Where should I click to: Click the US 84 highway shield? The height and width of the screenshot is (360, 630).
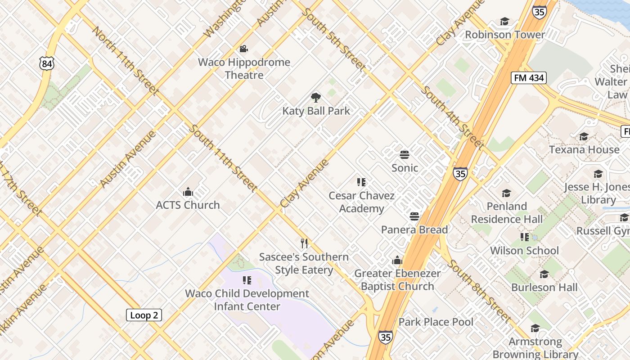click(x=47, y=63)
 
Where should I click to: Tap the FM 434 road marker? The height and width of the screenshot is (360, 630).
click(x=528, y=78)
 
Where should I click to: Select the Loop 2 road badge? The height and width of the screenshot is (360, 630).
click(x=144, y=315)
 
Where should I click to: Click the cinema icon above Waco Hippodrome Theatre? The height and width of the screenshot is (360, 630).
click(x=244, y=49)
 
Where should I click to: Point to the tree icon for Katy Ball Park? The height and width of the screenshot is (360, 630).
click(x=316, y=97)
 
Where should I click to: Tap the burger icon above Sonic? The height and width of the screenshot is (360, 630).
click(x=405, y=155)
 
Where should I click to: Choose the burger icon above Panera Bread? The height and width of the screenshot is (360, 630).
click(x=414, y=216)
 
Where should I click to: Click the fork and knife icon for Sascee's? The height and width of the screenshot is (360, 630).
click(x=305, y=243)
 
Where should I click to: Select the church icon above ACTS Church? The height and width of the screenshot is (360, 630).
click(x=188, y=192)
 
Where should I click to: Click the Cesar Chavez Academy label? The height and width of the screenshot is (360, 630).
click(x=361, y=202)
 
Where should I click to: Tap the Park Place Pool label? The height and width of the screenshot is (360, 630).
click(x=436, y=322)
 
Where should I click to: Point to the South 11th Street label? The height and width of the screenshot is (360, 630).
click(x=223, y=158)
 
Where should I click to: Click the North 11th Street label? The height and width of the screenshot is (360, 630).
click(x=125, y=61)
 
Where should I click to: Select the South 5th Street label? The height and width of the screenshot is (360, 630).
click(x=333, y=39)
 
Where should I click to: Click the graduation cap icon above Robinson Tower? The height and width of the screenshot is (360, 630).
click(x=504, y=22)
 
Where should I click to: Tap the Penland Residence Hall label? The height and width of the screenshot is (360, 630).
click(x=507, y=213)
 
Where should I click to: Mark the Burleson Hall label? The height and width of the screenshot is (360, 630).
click(x=544, y=287)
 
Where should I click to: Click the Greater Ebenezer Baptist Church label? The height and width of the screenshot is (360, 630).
click(x=397, y=279)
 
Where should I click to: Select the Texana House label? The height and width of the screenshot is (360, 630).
click(x=584, y=149)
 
